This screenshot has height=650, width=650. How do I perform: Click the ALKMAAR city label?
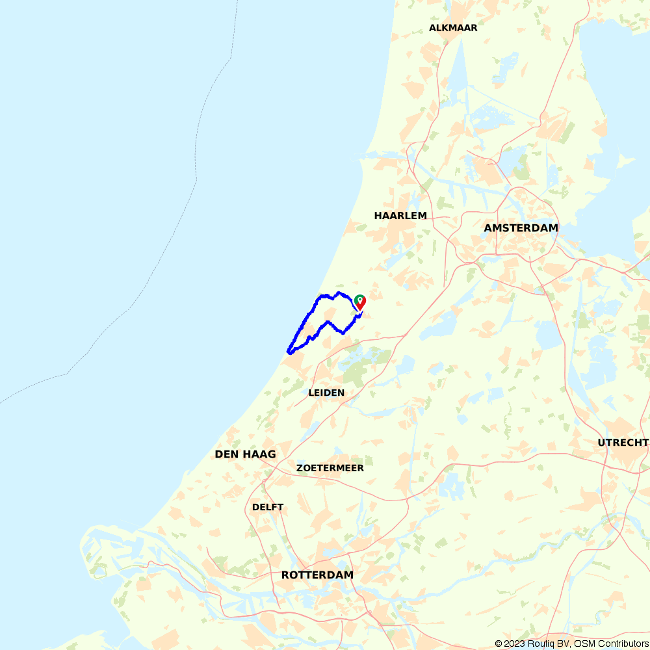click(453, 28)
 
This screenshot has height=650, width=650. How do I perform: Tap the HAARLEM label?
click(400, 215)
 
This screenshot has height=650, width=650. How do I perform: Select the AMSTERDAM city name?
click(521, 227)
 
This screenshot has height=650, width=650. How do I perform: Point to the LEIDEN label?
click(326, 393)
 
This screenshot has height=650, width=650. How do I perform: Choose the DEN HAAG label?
click(245, 454)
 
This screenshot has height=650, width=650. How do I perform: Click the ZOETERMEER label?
click(330, 468)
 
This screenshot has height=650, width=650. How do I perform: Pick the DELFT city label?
click(268, 507)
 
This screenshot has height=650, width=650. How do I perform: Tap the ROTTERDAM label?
click(317, 575)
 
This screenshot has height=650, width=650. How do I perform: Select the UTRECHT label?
click(623, 443)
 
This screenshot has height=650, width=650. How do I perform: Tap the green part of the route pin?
click(358, 298)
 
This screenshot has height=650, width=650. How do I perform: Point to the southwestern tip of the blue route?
click(288, 352)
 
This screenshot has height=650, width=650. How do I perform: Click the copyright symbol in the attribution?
click(499, 643)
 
